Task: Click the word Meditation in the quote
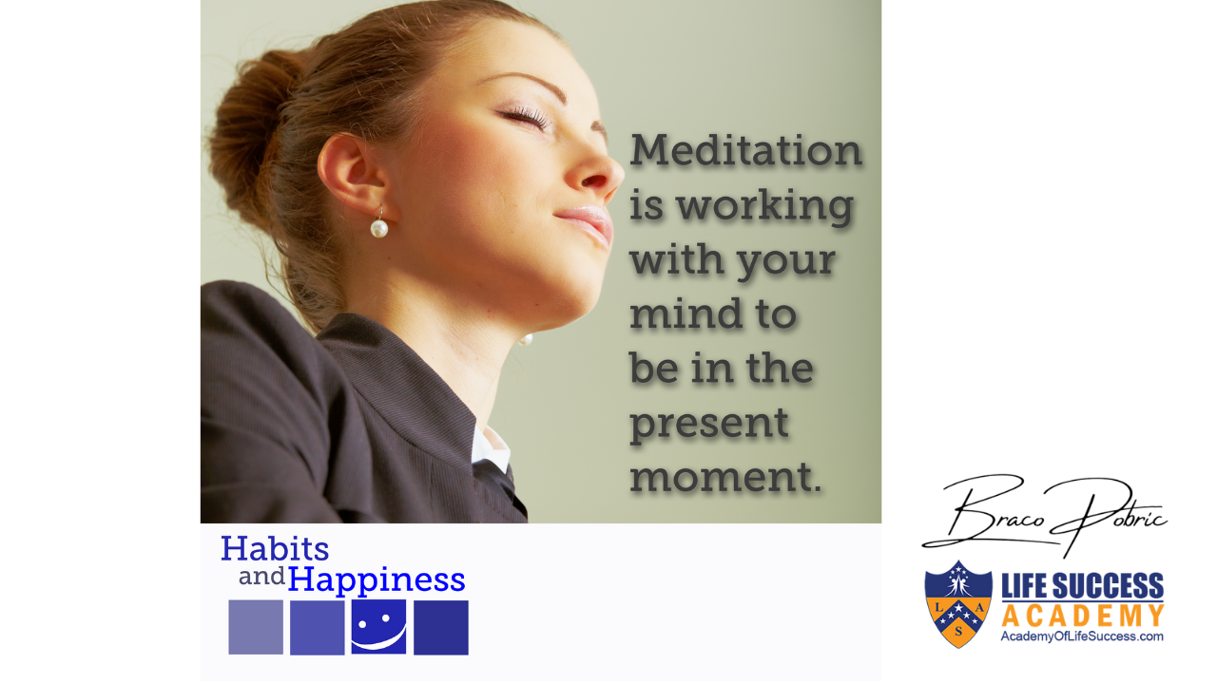click(x=745, y=150)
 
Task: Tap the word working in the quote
click(x=765, y=208)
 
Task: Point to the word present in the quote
click(x=709, y=426)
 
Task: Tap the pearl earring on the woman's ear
click(x=379, y=227)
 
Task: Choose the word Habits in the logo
click(x=275, y=548)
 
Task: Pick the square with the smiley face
click(x=378, y=626)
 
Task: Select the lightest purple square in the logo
click(x=256, y=627)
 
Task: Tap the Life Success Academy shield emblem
click(x=958, y=604)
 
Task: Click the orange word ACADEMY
click(x=1082, y=617)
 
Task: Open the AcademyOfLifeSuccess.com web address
click(x=1082, y=636)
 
